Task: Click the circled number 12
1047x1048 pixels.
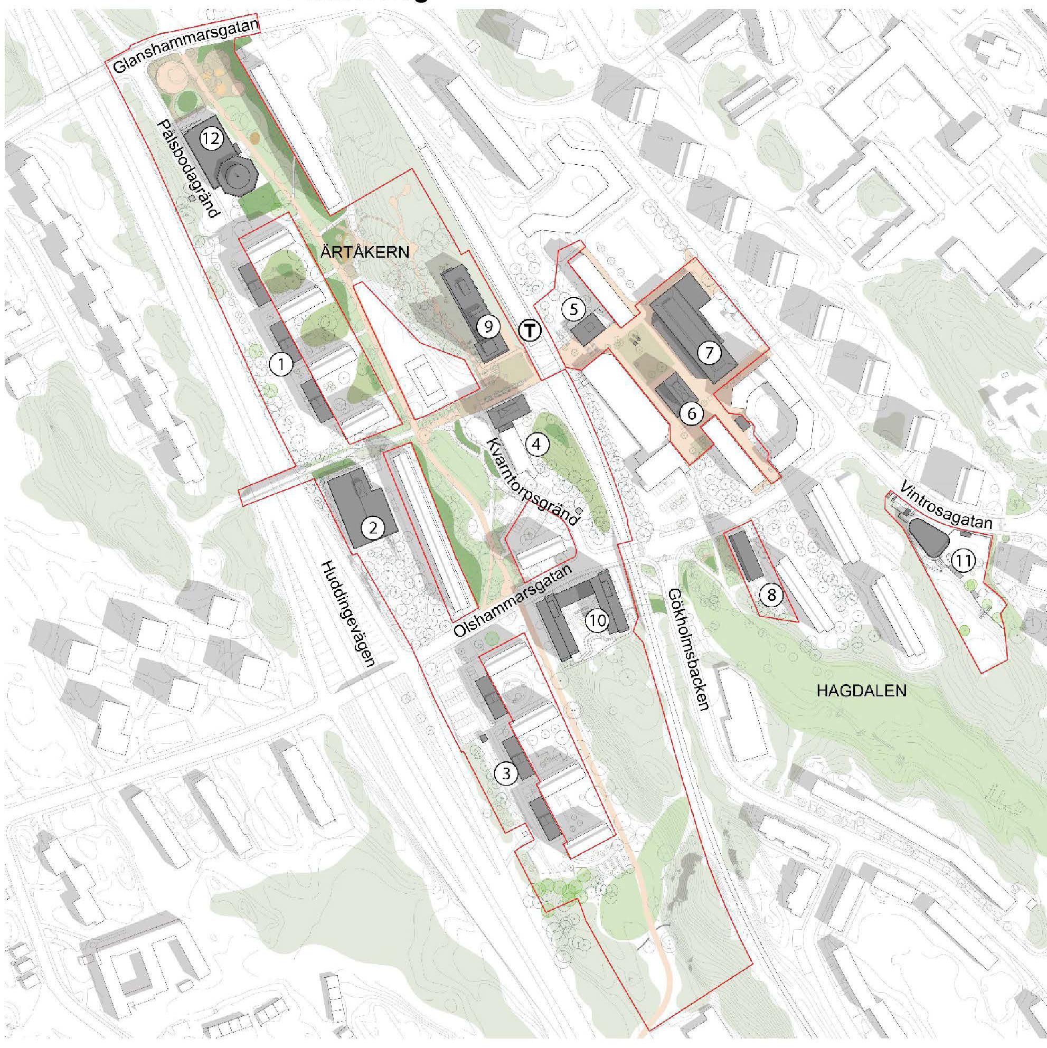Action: click(x=211, y=139)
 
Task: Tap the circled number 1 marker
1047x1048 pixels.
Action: click(x=280, y=365)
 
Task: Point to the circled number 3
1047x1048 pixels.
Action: click(x=506, y=773)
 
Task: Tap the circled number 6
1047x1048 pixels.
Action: click(x=691, y=414)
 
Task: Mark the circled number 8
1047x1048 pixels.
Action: click(x=771, y=596)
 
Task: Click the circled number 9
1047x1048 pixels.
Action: click(x=488, y=327)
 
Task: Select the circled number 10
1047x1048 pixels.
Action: click(x=597, y=619)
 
